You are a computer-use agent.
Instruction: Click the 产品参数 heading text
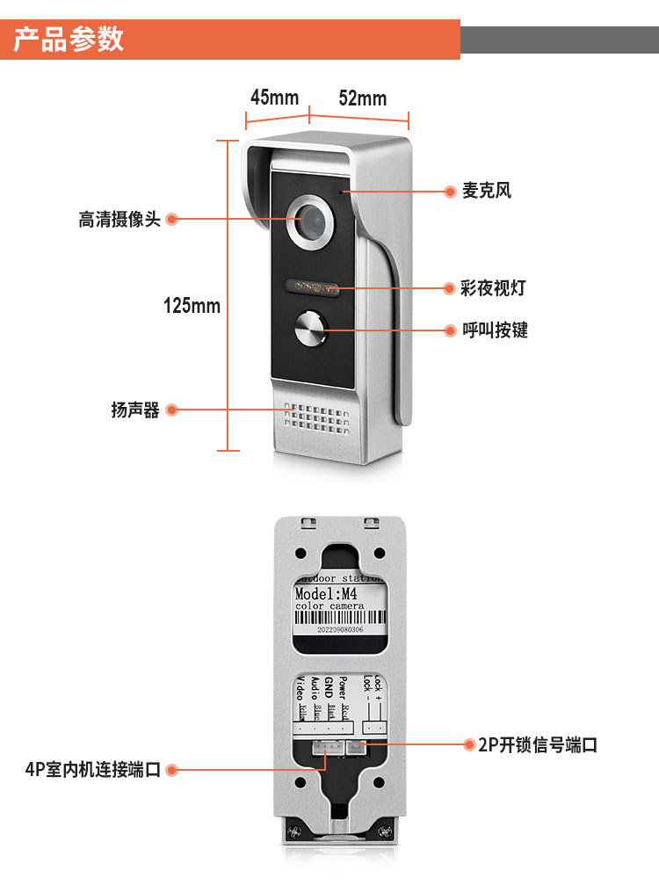click(x=69, y=40)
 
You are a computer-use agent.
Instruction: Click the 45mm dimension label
click(x=274, y=97)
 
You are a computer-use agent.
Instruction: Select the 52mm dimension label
click(x=362, y=98)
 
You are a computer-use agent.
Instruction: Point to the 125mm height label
click(x=192, y=306)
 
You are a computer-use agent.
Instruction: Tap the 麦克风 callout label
click(x=487, y=191)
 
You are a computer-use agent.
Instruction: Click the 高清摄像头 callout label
click(x=119, y=220)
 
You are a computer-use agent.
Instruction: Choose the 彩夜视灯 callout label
click(x=493, y=288)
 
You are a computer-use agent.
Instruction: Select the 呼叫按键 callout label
click(x=495, y=330)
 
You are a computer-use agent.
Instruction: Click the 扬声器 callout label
click(x=135, y=410)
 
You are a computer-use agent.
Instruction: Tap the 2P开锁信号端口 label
click(x=538, y=745)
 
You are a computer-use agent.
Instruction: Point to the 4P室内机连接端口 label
click(x=93, y=770)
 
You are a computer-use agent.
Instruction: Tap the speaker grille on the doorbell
click(x=316, y=420)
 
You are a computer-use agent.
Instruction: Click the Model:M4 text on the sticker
click(x=326, y=594)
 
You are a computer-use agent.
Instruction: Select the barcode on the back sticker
click(x=338, y=617)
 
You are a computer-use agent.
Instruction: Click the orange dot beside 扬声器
click(x=172, y=410)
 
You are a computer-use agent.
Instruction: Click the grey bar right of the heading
click(x=559, y=40)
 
